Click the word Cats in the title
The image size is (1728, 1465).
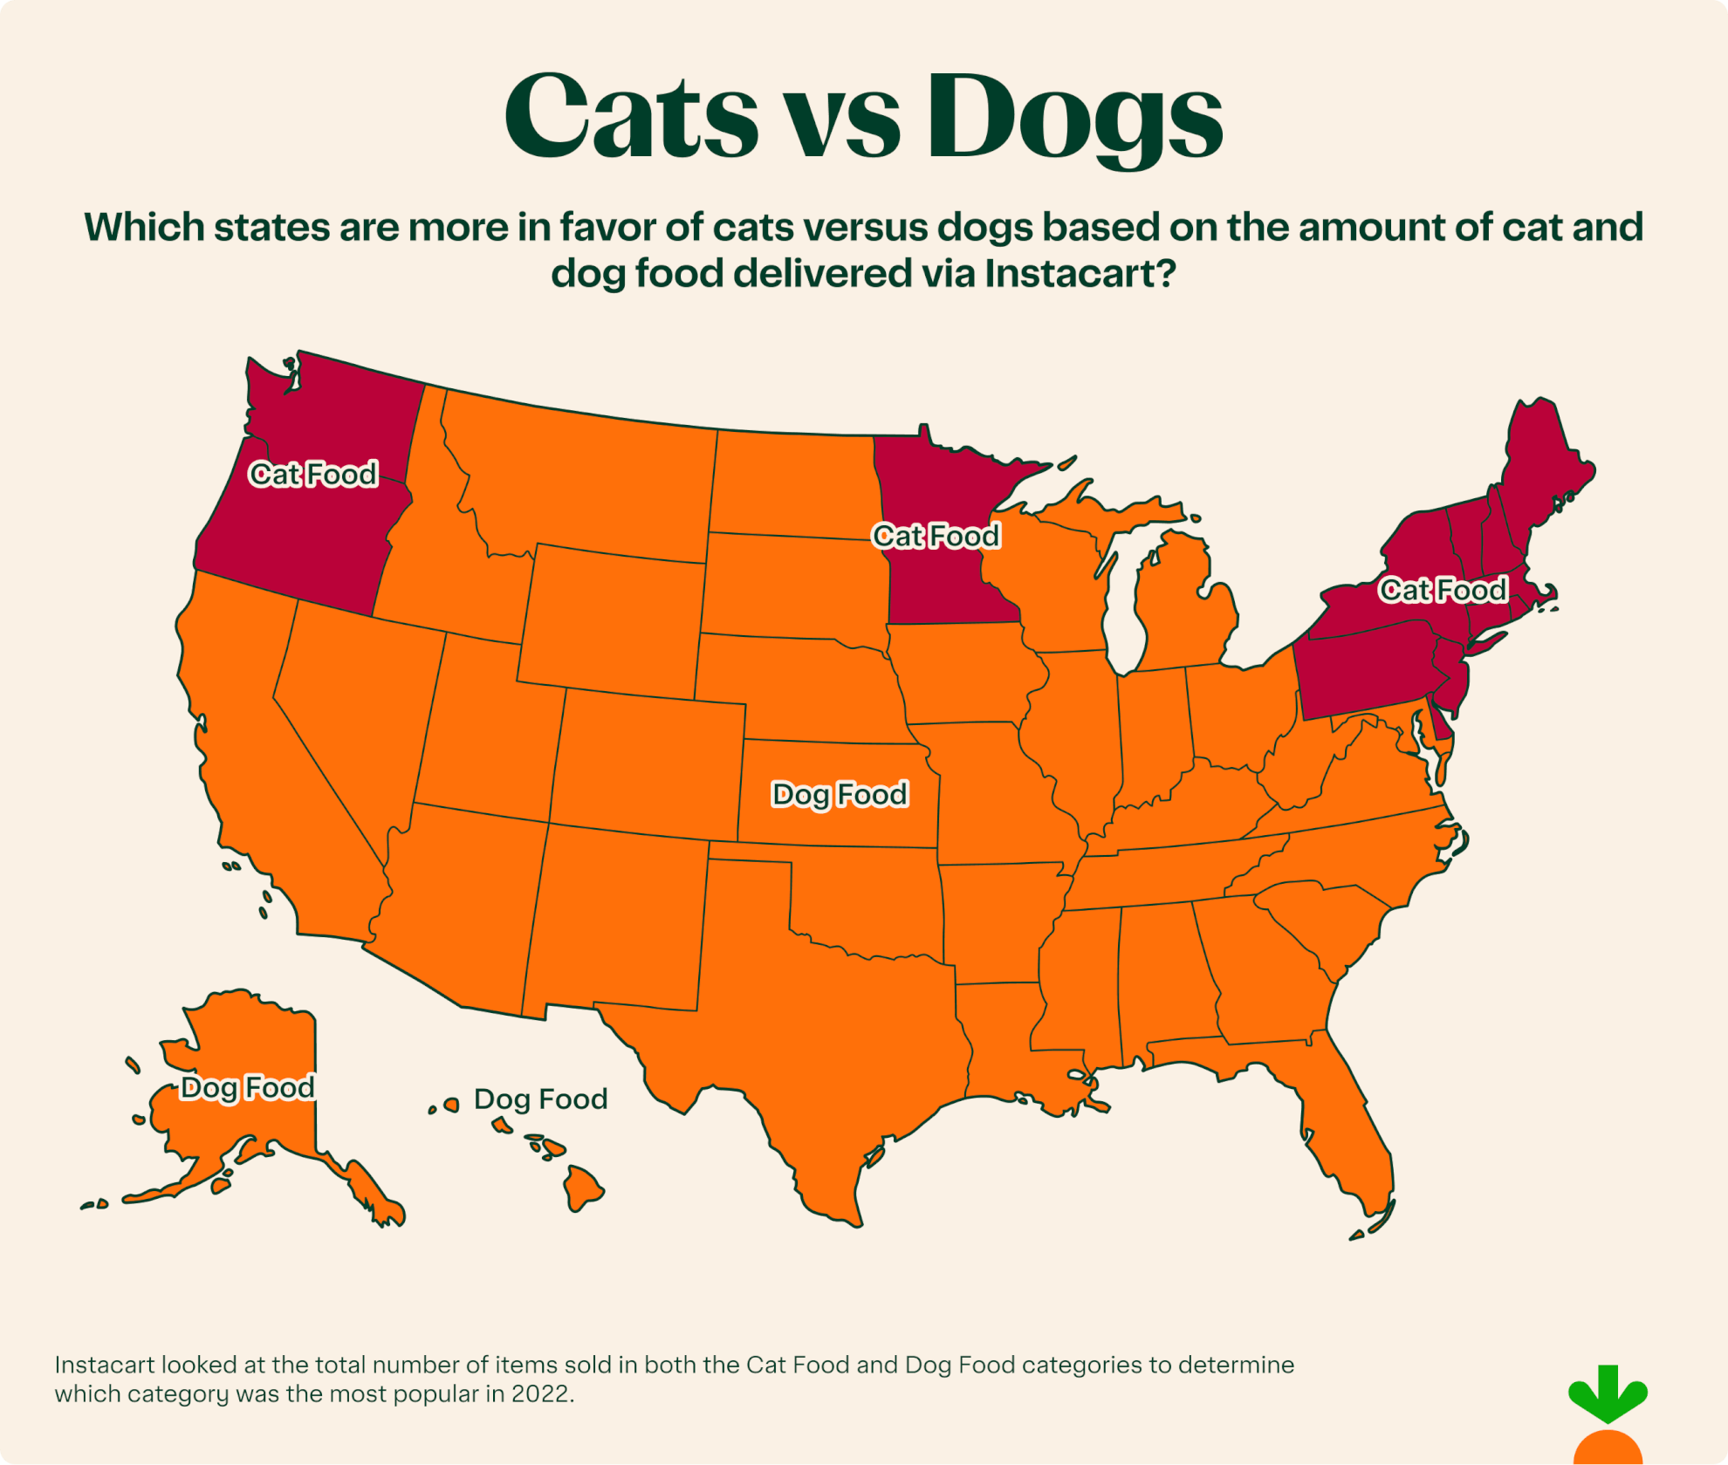630,115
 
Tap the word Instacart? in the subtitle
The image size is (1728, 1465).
1080,273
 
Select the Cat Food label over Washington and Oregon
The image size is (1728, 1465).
313,474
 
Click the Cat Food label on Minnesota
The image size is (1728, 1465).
936,535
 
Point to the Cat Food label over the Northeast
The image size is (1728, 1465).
1443,590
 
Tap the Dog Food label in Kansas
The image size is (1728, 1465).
840,794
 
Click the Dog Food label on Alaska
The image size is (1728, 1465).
247,1087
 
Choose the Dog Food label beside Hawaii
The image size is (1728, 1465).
540,1099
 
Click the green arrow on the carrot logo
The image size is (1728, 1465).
1608,1393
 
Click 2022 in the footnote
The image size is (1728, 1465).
541,1393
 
